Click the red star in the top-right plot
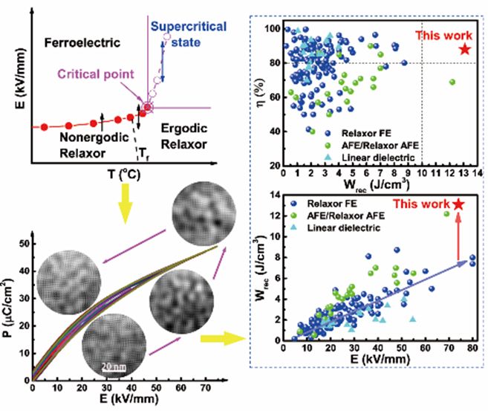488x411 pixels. click(464, 49)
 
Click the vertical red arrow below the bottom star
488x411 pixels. click(458, 236)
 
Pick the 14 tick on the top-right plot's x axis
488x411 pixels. click(476, 173)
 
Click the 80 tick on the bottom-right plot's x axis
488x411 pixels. click(473, 347)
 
